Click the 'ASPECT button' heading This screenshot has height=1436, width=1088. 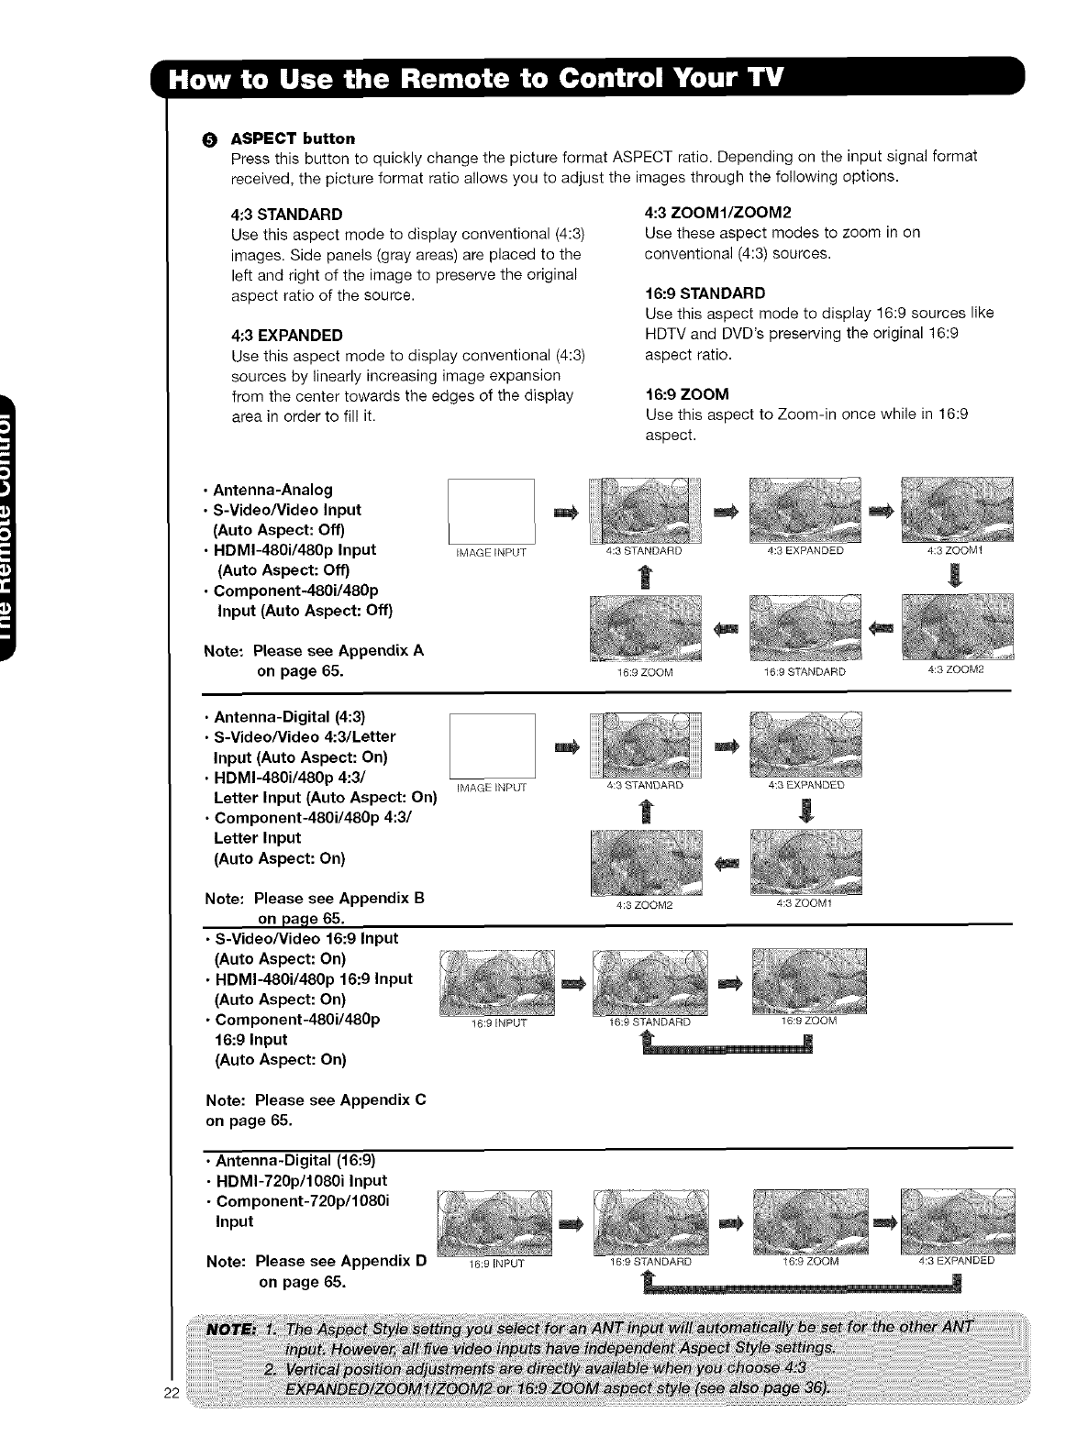292,138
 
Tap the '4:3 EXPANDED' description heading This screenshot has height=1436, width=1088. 287,335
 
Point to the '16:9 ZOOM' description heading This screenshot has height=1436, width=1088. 687,394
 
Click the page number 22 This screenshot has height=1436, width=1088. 171,1419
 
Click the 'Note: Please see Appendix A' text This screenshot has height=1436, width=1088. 314,651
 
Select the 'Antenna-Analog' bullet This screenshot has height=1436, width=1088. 272,490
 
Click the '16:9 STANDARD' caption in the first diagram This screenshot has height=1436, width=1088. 805,672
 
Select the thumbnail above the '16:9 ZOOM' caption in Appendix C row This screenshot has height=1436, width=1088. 808,981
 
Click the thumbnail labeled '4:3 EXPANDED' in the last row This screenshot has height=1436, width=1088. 959,1220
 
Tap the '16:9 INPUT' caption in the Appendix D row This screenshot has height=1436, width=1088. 495,1263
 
